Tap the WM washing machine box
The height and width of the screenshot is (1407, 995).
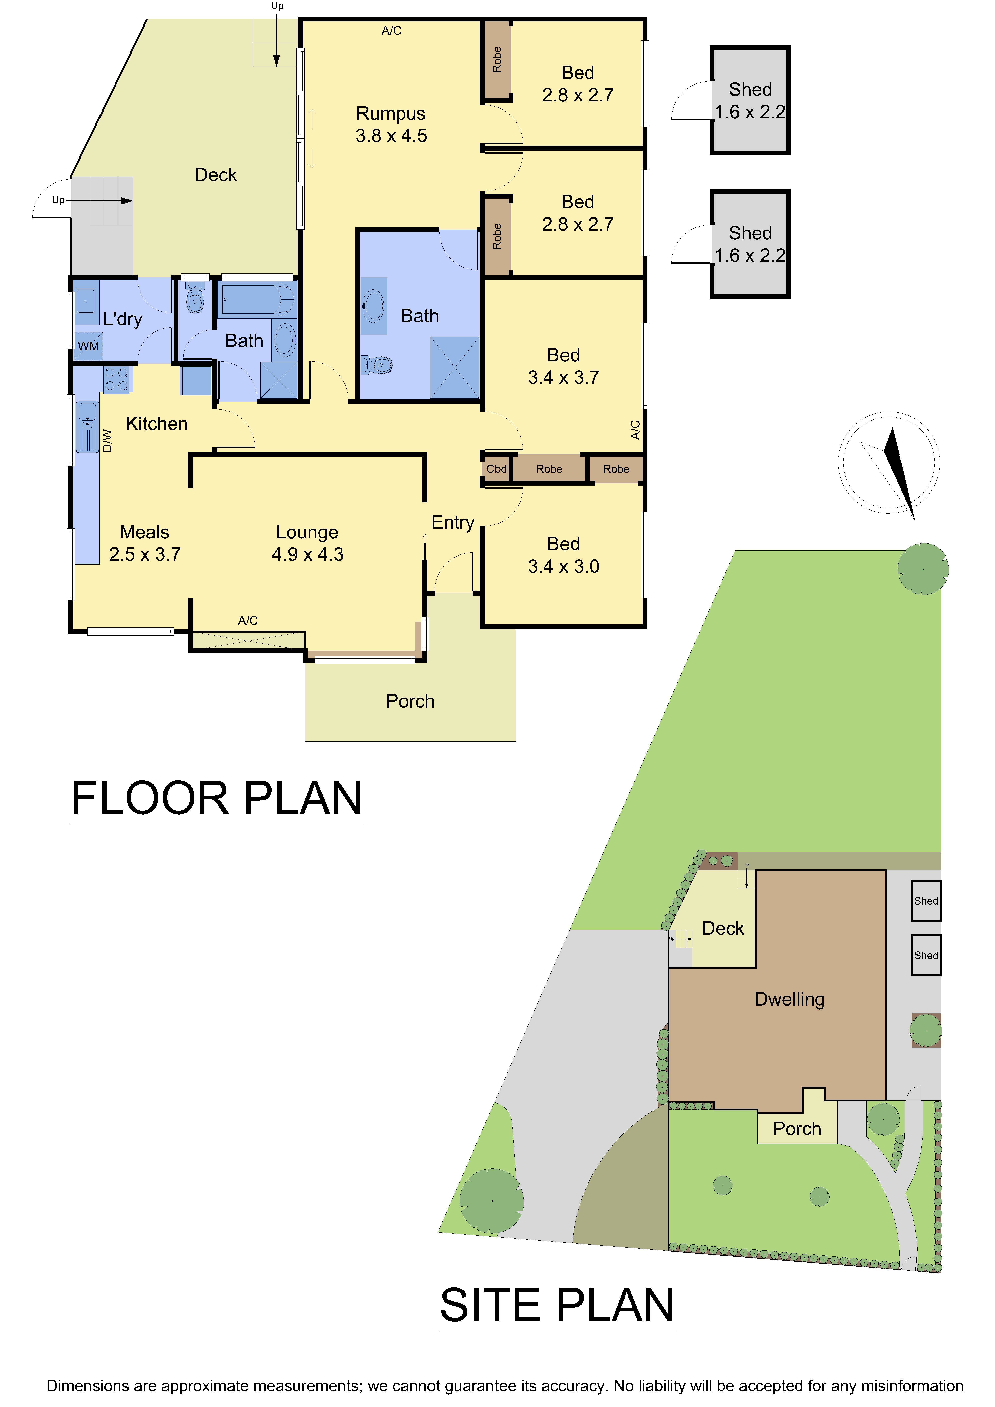click(88, 346)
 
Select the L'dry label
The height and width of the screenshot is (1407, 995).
click(123, 319)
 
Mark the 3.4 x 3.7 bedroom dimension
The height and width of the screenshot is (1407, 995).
click(563, 377)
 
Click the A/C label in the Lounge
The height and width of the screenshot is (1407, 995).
click(248, 621)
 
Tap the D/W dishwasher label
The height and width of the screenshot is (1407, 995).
click(107, 441)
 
